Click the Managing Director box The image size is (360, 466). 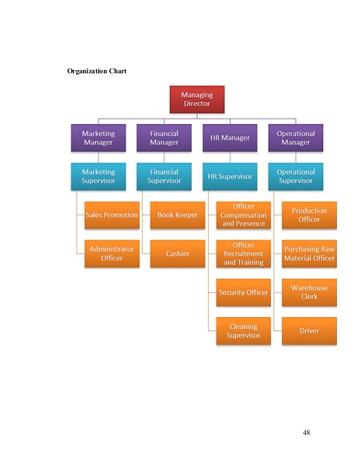197,99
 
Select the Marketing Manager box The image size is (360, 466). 98,138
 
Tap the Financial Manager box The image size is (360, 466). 164,138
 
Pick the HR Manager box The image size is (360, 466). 230,138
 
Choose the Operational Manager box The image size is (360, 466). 296,138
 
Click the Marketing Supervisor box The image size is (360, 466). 98,177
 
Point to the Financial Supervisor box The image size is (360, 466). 164,177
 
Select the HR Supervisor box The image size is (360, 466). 230,177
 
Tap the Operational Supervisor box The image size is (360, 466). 296,177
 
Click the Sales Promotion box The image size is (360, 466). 112,215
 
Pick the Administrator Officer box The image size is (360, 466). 112,253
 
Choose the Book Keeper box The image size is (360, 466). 178,215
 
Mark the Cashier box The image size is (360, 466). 178,253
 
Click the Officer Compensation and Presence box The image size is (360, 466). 243,215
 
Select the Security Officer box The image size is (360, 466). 243,292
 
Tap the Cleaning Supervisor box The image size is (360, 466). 243,331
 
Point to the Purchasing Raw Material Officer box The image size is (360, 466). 309,253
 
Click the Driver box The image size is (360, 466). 309,331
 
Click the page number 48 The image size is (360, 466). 306,433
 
